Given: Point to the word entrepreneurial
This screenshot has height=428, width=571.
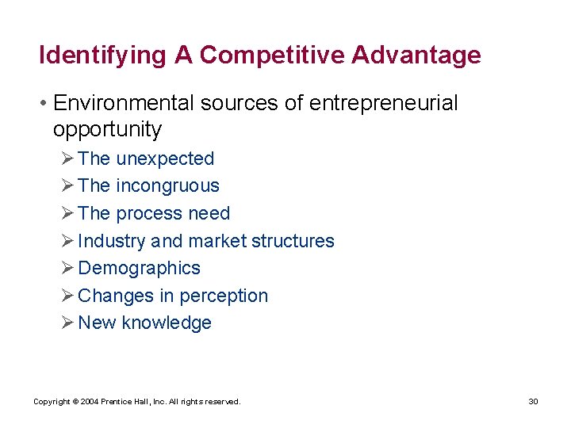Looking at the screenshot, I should point(381,104).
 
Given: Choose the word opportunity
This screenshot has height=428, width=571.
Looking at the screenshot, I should point(107,129).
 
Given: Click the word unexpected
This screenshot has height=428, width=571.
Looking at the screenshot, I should point(165,159).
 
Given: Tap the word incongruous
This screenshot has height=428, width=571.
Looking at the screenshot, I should point(167,185).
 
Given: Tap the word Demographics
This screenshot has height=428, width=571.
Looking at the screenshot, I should point(140,268).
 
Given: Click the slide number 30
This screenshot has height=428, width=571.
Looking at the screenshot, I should point(533,402).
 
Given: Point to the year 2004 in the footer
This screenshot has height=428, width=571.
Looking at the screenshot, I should point(90,402).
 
